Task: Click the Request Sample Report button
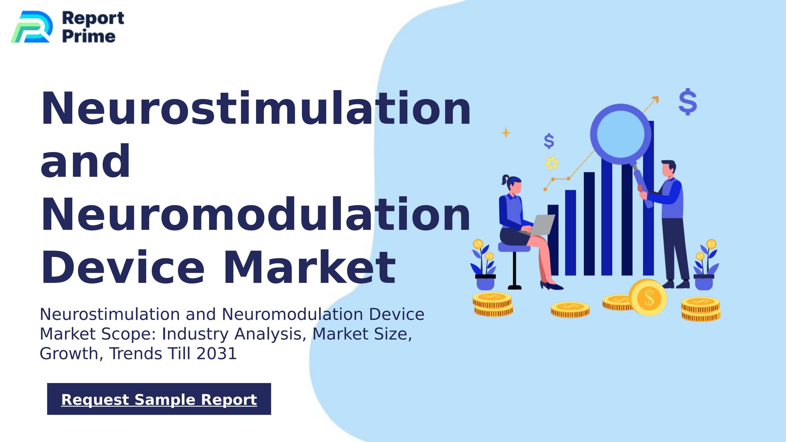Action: click(x=159, y=399)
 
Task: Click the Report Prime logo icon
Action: click(x=31, y=27)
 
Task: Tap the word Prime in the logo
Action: click(x=89, y=36)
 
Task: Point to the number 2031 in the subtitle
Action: click(x=217, y=353)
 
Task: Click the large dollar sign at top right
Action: click(x=688, y=102)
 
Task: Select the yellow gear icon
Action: click(x=552, y=163)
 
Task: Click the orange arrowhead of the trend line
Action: click(x=656, y=100)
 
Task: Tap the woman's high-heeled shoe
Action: click(x=551, y=286)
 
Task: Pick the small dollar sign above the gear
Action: click(x=549, y=141)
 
